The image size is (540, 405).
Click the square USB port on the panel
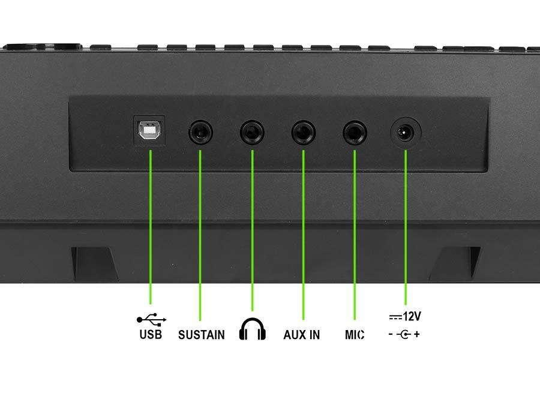click(149, 131)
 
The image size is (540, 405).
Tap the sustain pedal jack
click(200, 132)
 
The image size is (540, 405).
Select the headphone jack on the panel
click(252, 132)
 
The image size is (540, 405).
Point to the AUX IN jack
click(304, 132)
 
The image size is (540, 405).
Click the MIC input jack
click(355, 132)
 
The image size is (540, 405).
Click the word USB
click(151, 334)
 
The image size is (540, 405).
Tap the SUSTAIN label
click(202, 335)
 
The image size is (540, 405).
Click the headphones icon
click(253, 329)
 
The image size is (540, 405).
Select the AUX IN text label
click(302, 335)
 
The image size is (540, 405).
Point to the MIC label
click(355, 335)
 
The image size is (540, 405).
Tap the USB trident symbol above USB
click(152, 320)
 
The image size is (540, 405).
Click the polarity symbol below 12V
click(404, 334)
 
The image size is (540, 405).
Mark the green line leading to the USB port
click(151, 227)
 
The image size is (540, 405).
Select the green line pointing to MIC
click(355, 235)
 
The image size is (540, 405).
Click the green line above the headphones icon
click(253, 230)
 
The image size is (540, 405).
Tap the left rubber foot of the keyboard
click(94, 263)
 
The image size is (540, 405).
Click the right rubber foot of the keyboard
click(455, 263)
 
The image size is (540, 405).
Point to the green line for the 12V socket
click(406, 227)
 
